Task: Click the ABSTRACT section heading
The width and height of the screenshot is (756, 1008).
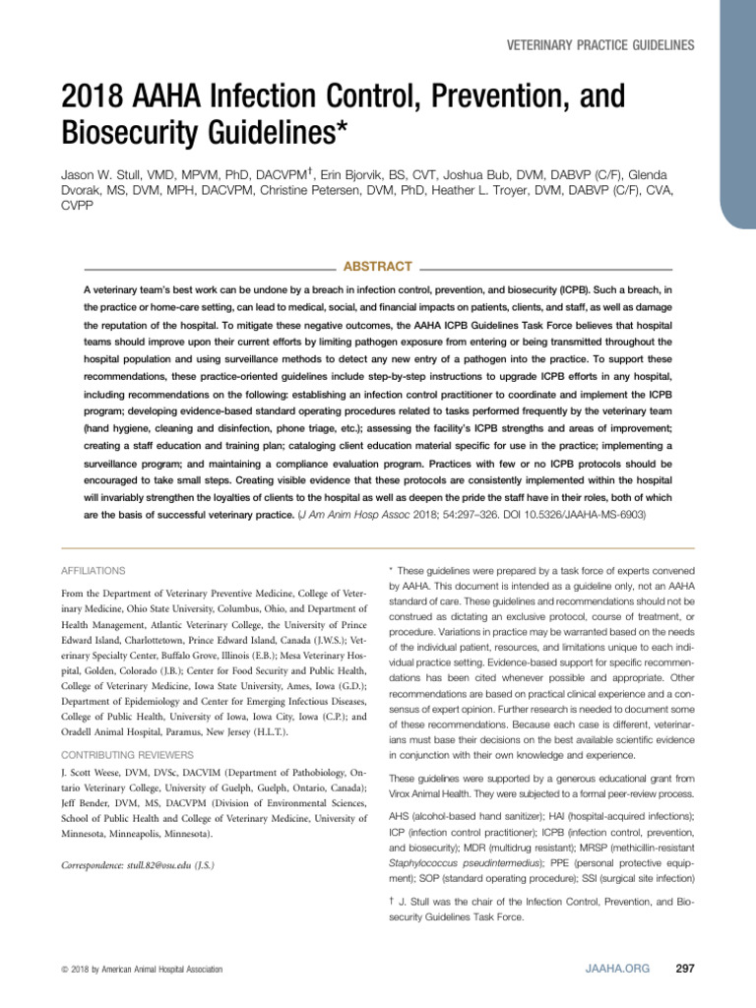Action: point(376,267)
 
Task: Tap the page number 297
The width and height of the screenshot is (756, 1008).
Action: point(685,969)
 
